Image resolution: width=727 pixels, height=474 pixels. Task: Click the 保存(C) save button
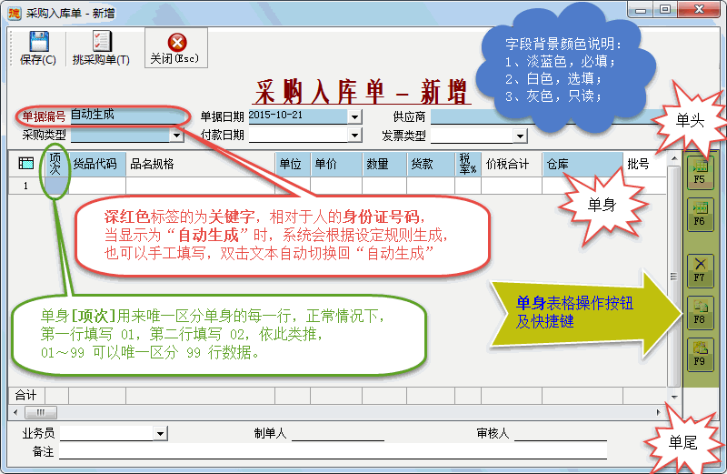pos(37,48)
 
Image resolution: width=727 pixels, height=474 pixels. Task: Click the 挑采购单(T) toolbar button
pos(101,48)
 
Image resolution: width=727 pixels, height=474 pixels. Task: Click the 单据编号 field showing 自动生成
pos(127,116)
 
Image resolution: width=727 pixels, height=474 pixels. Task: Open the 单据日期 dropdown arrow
pos(355,116)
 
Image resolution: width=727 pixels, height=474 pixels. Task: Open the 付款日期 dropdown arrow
pos(355,136)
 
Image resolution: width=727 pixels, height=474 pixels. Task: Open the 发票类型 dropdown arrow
pos(521,136)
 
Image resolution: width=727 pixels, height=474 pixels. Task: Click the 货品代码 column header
pos(95,164)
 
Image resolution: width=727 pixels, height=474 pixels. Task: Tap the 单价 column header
pos(325,164)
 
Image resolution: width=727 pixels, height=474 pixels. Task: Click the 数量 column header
pos(377,164)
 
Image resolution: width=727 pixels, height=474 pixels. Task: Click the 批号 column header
pos(639,164)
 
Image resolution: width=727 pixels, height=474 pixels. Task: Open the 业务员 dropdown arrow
pos(160,433)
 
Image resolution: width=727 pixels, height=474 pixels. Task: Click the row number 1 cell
pos(25,186)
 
